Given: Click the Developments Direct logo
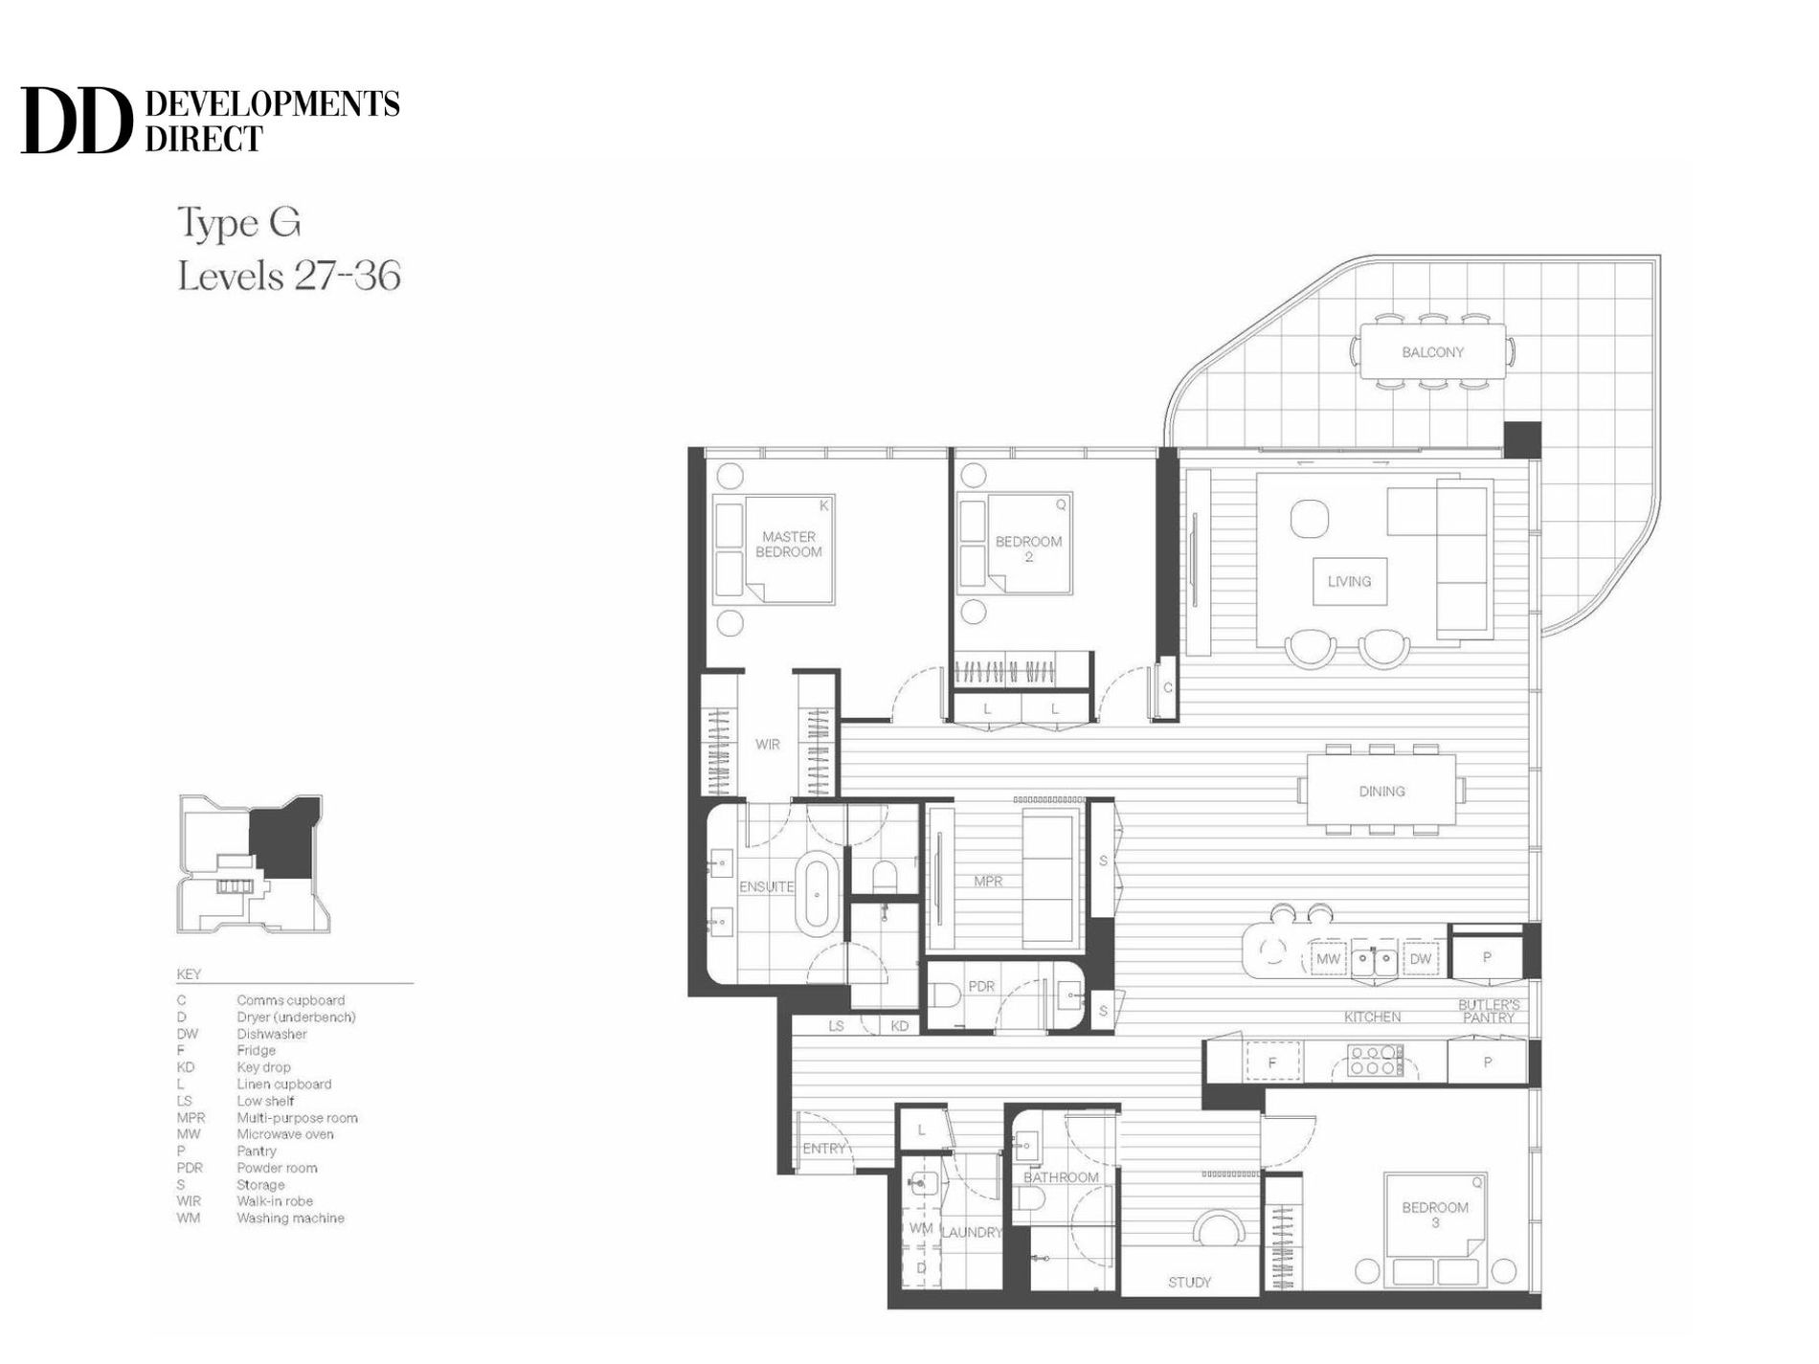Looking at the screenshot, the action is pyautogui.click(x=210, y=121).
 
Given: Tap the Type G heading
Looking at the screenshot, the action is pyautogui.click(x=239, y=223).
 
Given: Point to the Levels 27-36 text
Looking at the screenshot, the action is pyautogui.click(x=289, y=277).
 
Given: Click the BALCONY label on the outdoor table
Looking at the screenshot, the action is pyautogui.click(x=1432, y=352).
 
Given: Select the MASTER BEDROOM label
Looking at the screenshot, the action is pyautogui.click(x=789, y=545).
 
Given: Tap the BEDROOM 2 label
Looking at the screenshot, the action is pyautogui.click(x=1028, y=548).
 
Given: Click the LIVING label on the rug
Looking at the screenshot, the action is pyautogui.click(x=1349, y=581).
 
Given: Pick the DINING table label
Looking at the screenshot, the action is pyautogui.click(x=1381, y=792).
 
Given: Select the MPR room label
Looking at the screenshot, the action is pyautogui.click(x=988, y=881).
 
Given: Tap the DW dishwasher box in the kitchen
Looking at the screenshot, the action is pyautogui.click(x=1420, y=958).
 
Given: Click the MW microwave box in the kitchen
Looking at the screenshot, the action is pyautogui.click(x=1328, y=958).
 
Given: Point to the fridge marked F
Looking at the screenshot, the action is pyautogui.click(x=1272, y=1062).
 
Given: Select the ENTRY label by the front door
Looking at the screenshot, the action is pyautogui.click(x=824, y=1149).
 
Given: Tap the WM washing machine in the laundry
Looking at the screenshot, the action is pyautogui.click(x=920, y=1228).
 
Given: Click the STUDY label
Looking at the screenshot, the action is pyautogui.click(x=1189, y=1283).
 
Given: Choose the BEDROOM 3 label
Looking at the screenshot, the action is pyautogui.click(x=1434, y=1215).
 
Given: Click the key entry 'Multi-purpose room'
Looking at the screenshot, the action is pyautogui.click(x=297, y=1118).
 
